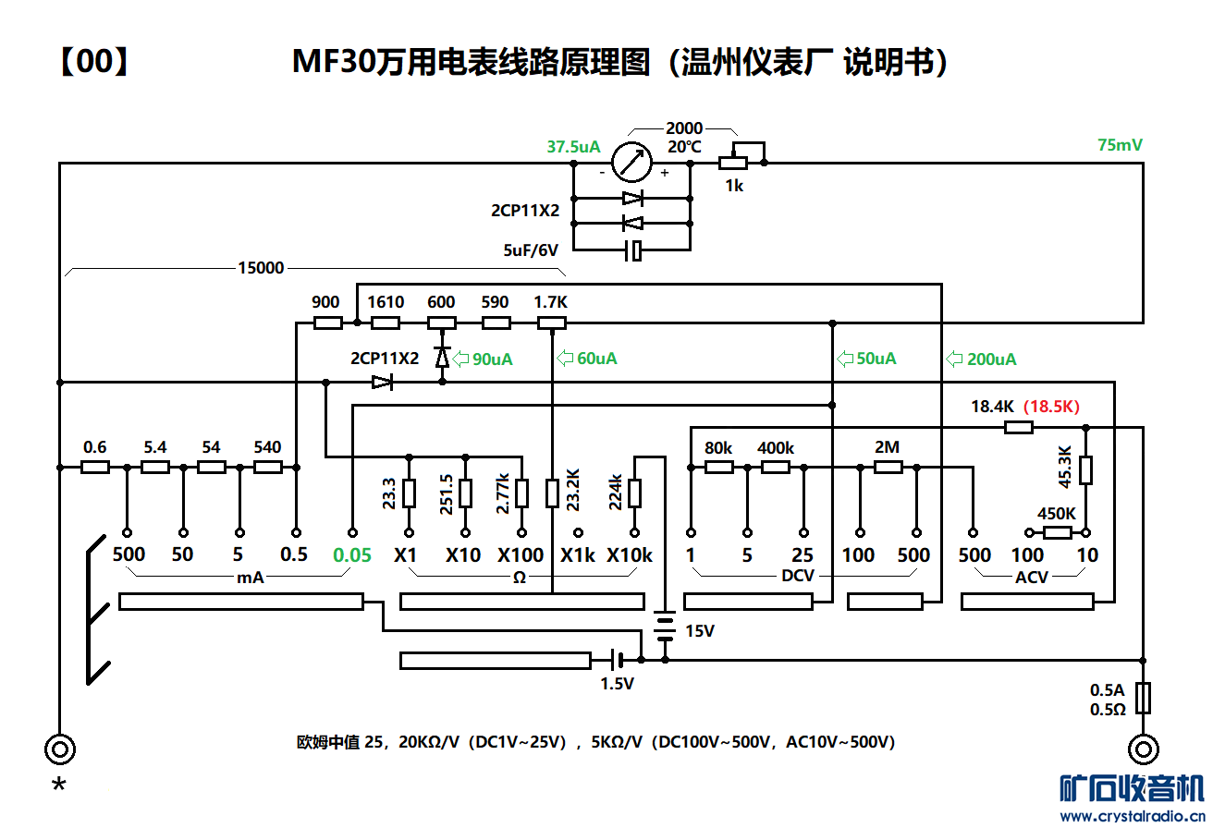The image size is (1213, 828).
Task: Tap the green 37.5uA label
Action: coord(573,147)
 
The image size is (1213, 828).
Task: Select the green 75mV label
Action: coord(1120,145)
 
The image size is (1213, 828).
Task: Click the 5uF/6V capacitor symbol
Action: coord(632,250)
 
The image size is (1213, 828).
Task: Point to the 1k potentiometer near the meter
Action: coord(733,164)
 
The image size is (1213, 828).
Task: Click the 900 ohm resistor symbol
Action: coord(328,323)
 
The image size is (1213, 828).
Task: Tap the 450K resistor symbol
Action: coord(1058,532)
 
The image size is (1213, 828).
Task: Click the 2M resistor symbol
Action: coord(888,468)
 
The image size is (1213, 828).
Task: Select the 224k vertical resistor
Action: coord(635,493)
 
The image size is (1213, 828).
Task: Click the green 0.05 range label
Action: coord(352,555)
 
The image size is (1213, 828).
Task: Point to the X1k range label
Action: coord(578,555)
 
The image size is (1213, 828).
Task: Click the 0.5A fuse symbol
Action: coord(1145,698)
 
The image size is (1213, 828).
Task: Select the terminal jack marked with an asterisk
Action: coord(60,749)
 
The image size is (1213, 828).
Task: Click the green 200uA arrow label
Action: coord(982,359)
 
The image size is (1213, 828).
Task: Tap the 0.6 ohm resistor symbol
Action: coord(95,468)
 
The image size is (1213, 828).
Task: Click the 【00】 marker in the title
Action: coord(92,63)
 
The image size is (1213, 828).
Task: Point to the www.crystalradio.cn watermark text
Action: coord(1133,815)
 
